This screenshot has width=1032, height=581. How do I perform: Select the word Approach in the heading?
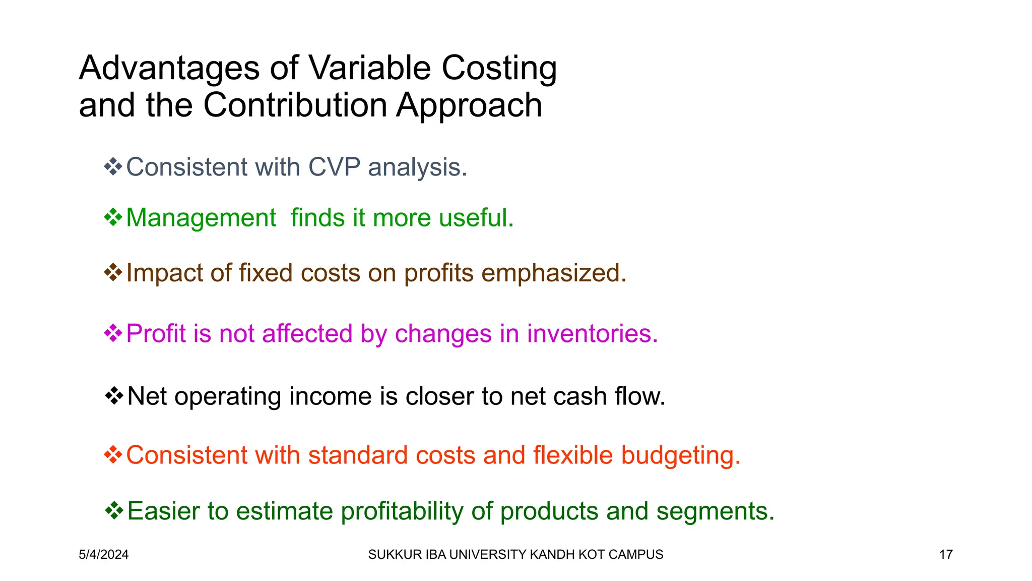click(x=469, y=106)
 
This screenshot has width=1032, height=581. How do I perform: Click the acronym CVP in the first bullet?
click(x=334, y=167)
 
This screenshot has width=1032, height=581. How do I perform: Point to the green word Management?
click(x=201, y=218)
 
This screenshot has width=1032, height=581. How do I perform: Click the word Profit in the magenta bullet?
click(x=156, y=333)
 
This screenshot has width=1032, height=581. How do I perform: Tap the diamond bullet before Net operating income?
click(x=114, y=396)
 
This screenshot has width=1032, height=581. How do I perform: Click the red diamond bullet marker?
click(x=113, y=455)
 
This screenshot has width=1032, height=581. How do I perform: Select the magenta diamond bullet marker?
click(x=113, y=333)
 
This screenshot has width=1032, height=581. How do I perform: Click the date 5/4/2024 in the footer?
click(x=104, y=554)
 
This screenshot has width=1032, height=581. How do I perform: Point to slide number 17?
click(x=946, y=554)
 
